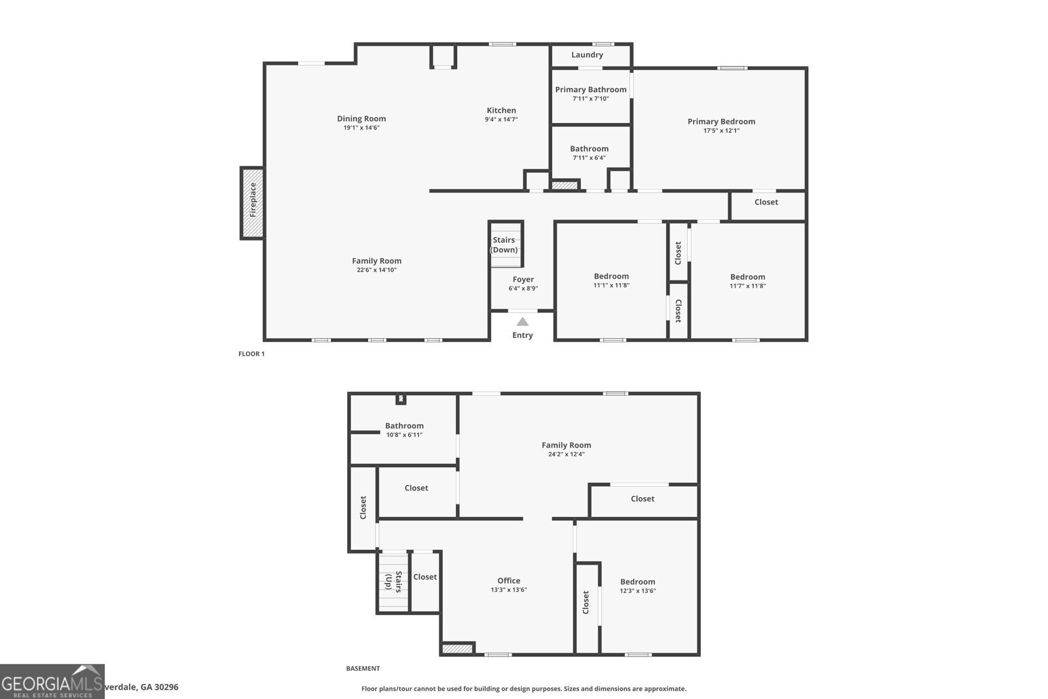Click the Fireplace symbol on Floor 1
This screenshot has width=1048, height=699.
tap(252, 203)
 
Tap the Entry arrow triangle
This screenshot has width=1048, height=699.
tap(522, 322)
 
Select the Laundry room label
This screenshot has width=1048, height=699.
tap(587, 55)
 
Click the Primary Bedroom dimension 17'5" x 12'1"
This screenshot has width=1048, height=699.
tap(721, 130)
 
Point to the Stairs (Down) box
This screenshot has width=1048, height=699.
tap(505, 244)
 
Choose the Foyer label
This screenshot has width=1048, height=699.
tap(523, 280)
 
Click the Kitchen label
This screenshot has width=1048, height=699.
tap(501, 111)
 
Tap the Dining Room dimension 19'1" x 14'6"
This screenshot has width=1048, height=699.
tap(362, 128)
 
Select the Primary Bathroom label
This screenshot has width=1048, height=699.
tap(590, 90)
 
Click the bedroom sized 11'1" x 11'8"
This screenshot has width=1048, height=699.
tap(611, 280)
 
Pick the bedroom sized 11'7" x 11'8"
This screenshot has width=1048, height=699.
tap(747, 281)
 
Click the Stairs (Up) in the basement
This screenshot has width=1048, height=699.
tap(392, 581)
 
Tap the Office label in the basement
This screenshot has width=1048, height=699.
tap(508, 580)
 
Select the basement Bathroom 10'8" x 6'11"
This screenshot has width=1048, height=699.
tap(404, 430)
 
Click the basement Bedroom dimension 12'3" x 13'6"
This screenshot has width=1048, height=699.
tap(637, 591)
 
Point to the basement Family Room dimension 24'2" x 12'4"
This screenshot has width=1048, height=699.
tap(566, 454)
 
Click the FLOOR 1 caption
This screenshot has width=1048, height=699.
tap(252, 354)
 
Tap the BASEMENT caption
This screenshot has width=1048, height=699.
tap(362, 669)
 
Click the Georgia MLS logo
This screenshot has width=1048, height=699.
tap(52, 681)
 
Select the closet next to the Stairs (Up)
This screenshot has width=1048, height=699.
tap(424, 577)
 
